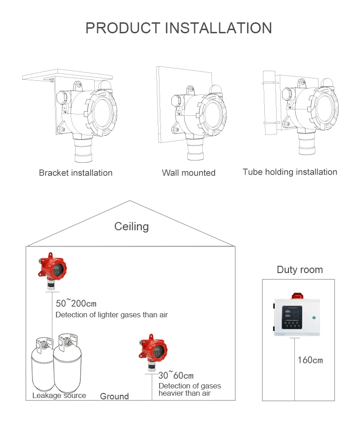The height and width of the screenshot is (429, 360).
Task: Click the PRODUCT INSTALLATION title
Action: (179, 28)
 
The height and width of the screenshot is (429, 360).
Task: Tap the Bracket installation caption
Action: (76, 173)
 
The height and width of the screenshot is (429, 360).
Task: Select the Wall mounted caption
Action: (189, 173)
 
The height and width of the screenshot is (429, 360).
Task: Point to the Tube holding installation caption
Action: (290, 172)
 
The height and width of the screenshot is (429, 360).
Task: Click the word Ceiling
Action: (131, 226)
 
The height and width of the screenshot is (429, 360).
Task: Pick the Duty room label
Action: (299, 269)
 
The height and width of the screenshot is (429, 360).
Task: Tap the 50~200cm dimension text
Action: (76, 304)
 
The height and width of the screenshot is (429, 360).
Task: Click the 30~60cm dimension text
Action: (176, 376)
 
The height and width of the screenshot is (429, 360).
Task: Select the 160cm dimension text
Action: (310, 360)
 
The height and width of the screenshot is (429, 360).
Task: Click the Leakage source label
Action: (59, 395)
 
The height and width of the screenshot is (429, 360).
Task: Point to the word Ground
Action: (114, 397)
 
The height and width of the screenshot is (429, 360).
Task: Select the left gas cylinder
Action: (42, 367)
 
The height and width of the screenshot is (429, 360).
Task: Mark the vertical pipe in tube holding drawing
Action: (269, 103)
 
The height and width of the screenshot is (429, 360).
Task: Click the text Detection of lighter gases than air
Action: (112, 315)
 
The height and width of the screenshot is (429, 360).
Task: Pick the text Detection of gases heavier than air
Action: (190, 389)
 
